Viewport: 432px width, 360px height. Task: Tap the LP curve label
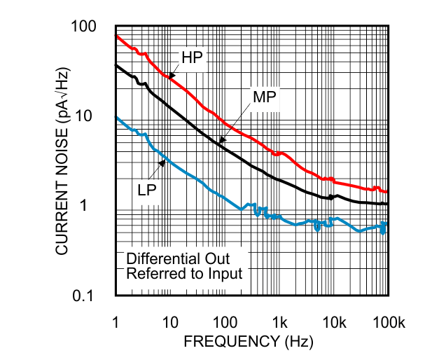146,189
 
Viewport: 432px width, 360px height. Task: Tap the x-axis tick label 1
115,321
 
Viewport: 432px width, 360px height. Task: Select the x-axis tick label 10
169,321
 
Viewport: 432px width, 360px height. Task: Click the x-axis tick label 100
224,321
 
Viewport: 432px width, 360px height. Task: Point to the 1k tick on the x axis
279,321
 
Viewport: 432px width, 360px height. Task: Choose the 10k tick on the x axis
334,321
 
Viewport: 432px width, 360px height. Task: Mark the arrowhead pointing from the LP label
163,162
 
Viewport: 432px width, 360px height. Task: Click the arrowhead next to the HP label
169,74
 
